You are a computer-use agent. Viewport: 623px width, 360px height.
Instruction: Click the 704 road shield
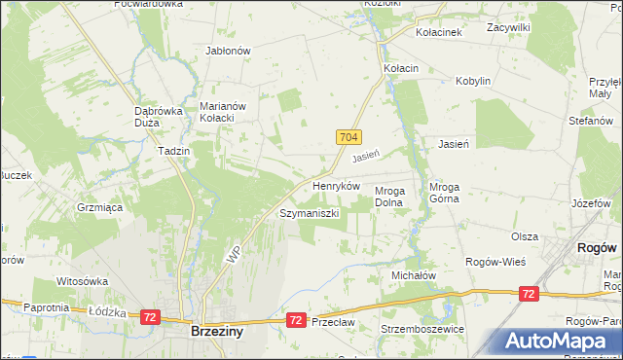[351, 137]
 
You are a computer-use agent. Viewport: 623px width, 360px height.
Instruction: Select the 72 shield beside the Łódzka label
[150, 317]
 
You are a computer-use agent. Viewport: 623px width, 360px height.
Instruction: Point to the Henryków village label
[336, 185]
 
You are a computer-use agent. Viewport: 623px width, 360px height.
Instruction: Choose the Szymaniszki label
[310, 213]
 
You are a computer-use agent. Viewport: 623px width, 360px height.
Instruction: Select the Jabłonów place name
[229, 51]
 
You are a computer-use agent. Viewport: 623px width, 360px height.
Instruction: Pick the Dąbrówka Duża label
[159, 117]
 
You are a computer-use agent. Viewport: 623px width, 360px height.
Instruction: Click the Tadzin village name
[172, 152]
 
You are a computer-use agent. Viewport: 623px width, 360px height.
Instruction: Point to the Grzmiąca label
[98, 207]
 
